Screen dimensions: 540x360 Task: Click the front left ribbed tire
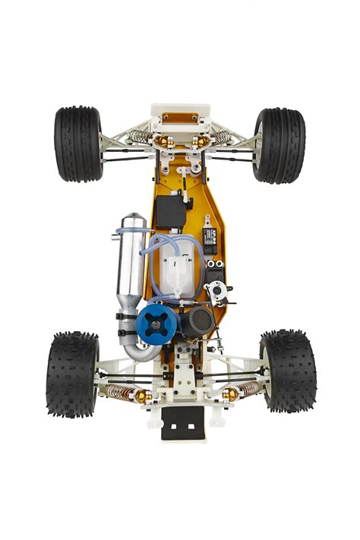[x=77, y=144]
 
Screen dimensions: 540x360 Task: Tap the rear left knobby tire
[x=72, y=374]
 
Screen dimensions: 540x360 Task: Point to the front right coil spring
[x=222, y=137]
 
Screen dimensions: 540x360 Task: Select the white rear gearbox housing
[x=182, y=372]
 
